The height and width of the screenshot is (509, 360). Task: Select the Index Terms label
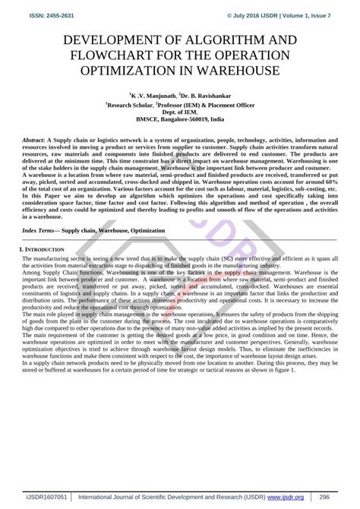pyautogui.click(x=40, y=207)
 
